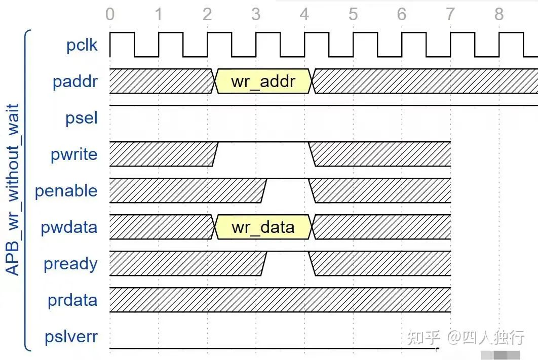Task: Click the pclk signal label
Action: pyautogui.click(x=82, y=45)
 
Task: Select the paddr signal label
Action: pyautogui.click(x=75, y=81)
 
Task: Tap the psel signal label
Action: pyautogui.click(x=82, y=118)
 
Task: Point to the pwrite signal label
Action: pyautogui.click(x=74, y=154)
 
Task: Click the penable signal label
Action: pyautogui.click(x=66, y=190)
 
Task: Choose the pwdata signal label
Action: pyautogui.click(x=69, y=227)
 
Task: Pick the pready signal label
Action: pyautogui.click(x=71, y=264)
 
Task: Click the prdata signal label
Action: pyautogui.click(x=73, y=300)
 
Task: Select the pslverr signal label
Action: pyautogui.click(x=71, y=337)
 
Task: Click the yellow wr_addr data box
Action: pyautogui.click(x=263, y=81)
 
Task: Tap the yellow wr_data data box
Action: pyautogui.click(x=263, y=227)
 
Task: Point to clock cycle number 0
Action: pyautogui.click(x=110, y=14)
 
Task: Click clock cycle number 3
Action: pyautogui.click(x=256, y=14)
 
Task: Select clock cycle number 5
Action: pyautogui.click(x=353, y=14)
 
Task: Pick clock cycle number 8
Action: pyautogui.click(x=499, y=14)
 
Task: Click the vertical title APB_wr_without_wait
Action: pyautogui.click(x=13, y=189)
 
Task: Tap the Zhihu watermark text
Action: pyautogui.click(x=466, y=337)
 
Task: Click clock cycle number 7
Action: pyautogui.click(x=450, y=14)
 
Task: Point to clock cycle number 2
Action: pyautogui.click(x=207, y=14)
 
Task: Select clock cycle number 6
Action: pyautogui.click(x=402, y=14)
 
